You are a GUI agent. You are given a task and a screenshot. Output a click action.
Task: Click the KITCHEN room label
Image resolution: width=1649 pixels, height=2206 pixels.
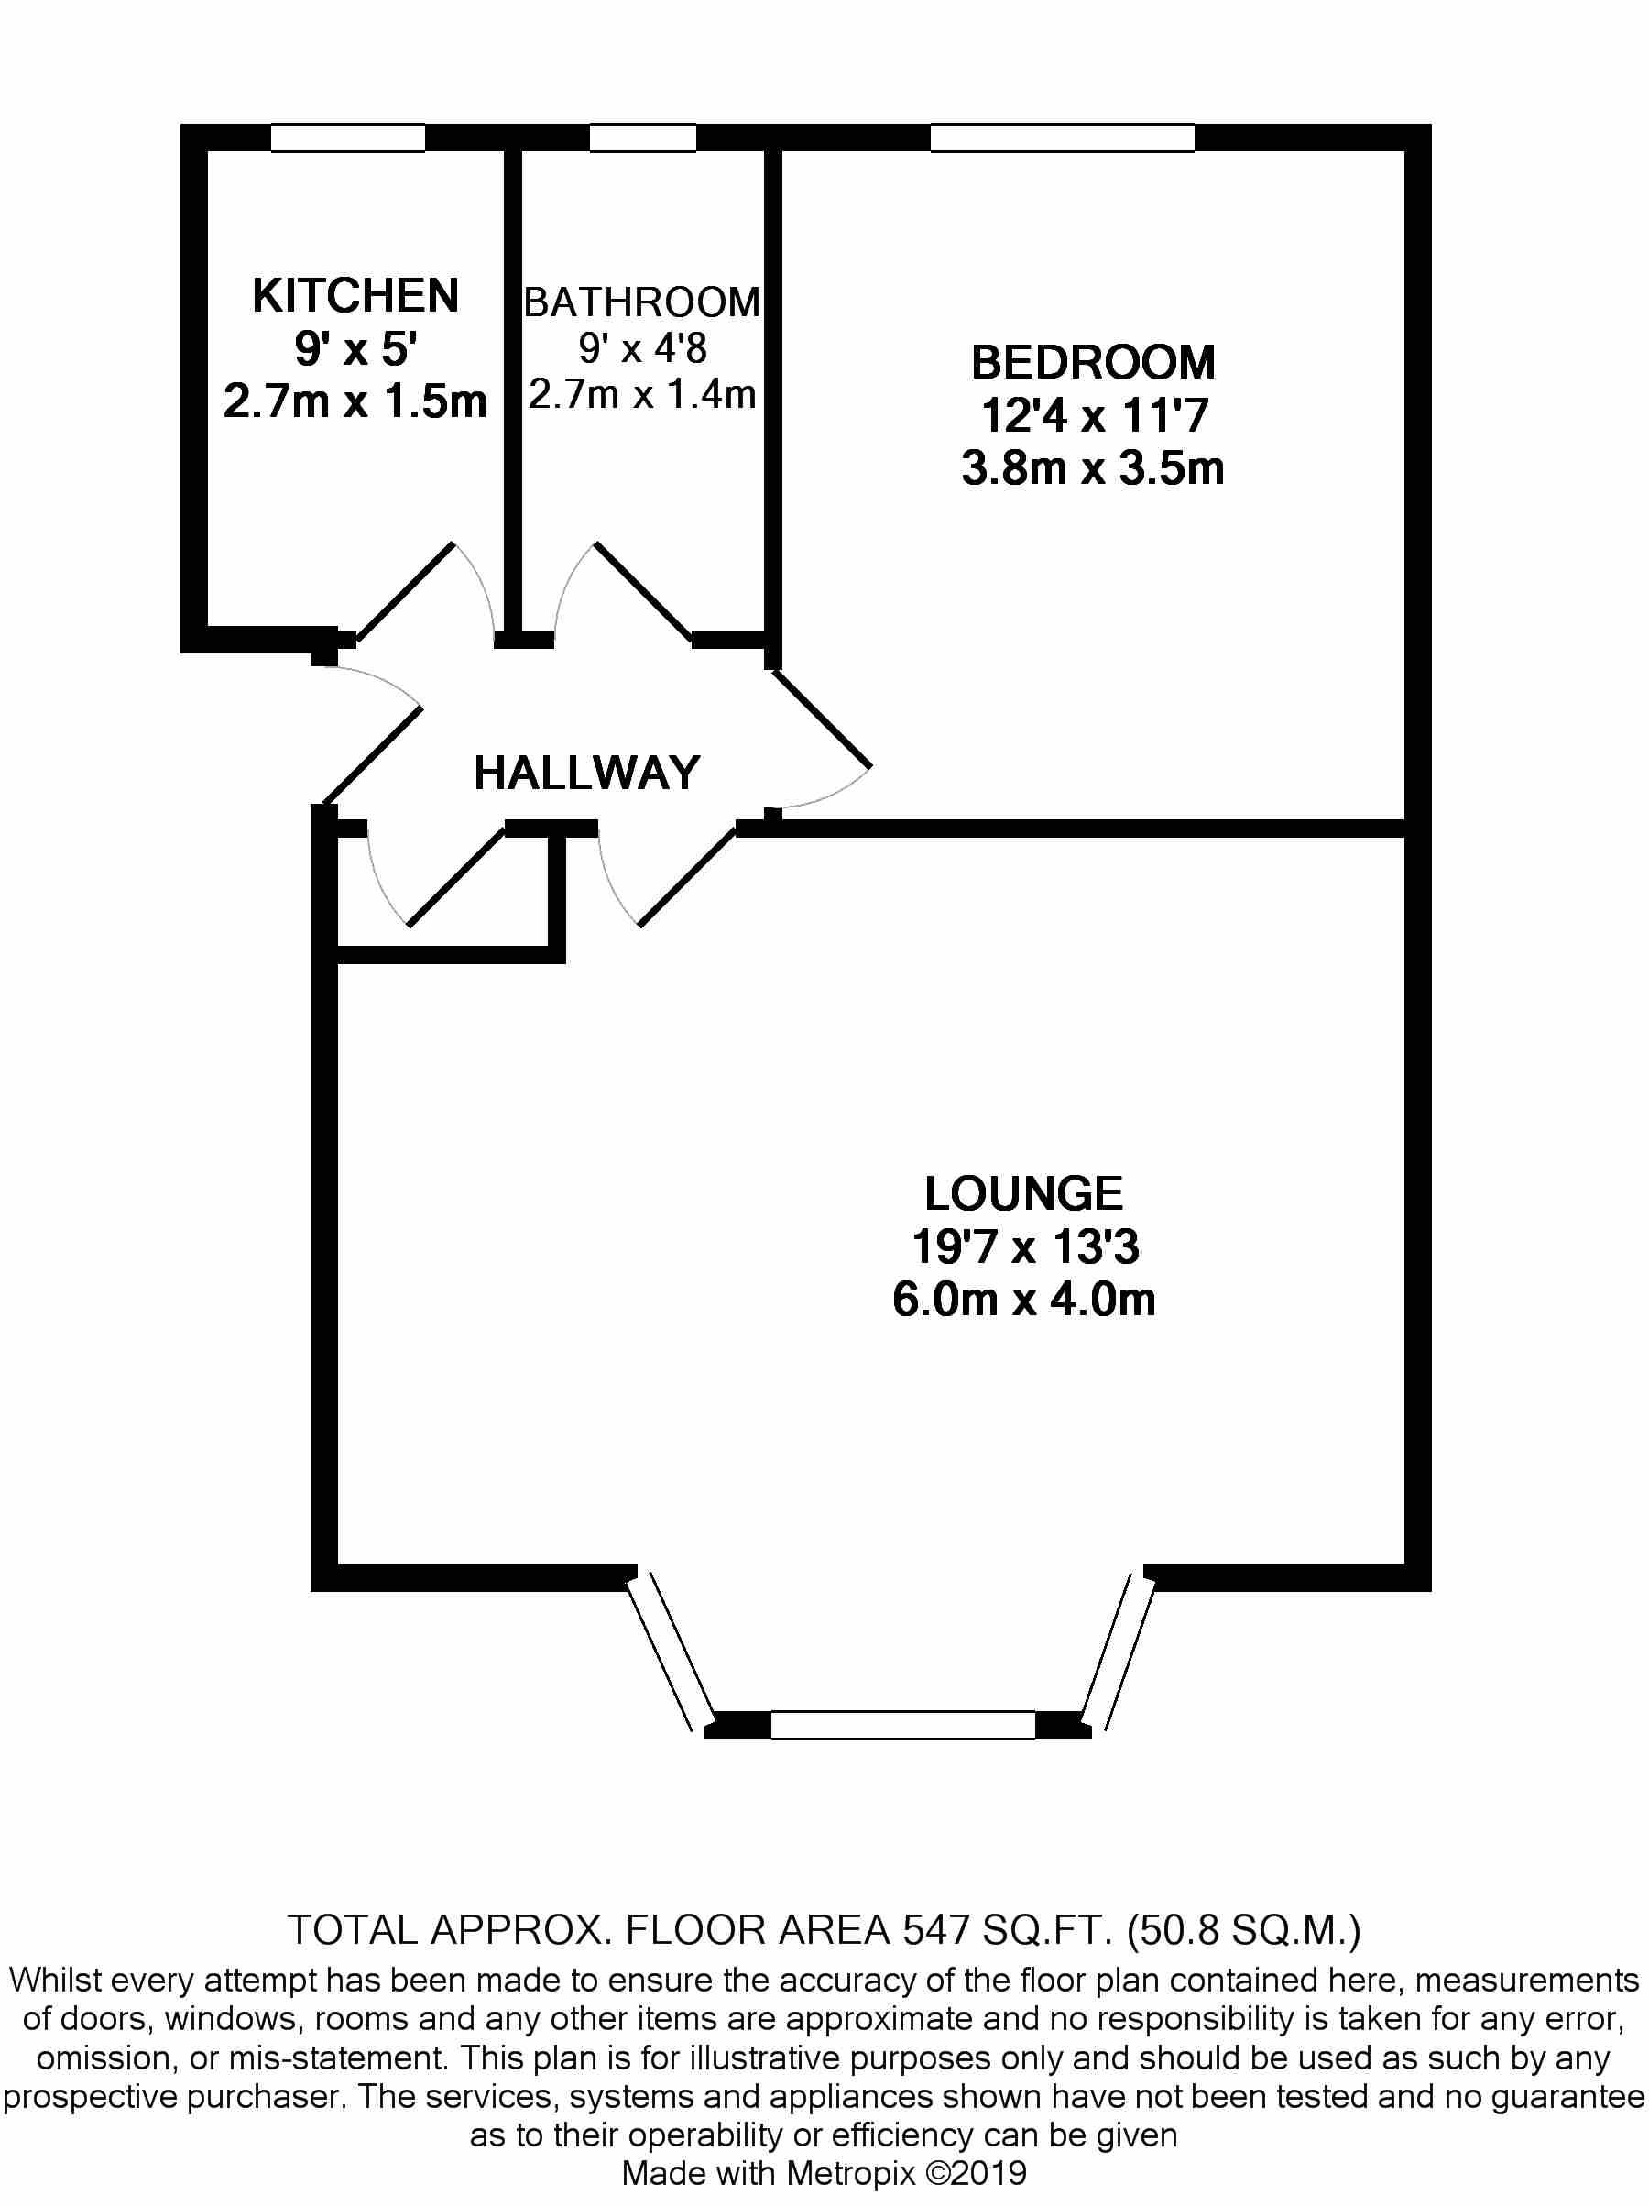[355, 296]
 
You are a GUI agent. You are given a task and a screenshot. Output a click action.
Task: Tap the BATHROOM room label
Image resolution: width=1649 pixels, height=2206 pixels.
[642, 302]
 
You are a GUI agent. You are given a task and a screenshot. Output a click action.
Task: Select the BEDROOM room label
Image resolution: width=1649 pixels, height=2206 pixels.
[1093, 362]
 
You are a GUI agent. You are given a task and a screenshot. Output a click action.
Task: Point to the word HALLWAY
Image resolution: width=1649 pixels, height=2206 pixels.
[586, 773]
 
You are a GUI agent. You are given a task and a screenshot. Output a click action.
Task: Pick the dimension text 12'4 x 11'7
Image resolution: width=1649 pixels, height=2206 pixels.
[1094, 416]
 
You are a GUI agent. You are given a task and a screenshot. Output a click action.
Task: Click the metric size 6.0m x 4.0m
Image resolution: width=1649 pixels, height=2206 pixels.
[1023, 1300]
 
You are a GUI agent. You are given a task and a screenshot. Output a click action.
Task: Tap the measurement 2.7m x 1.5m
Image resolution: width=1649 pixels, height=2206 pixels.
[355, 401]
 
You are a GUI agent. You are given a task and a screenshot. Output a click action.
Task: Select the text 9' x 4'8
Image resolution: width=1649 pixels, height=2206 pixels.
[642, 348]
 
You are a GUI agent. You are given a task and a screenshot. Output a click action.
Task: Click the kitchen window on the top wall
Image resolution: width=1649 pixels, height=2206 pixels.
[348, 137]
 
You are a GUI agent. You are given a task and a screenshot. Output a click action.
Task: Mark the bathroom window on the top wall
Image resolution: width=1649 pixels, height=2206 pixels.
[642, 137]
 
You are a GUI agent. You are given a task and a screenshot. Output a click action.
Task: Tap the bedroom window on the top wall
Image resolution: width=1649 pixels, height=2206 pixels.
[1062, 137]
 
